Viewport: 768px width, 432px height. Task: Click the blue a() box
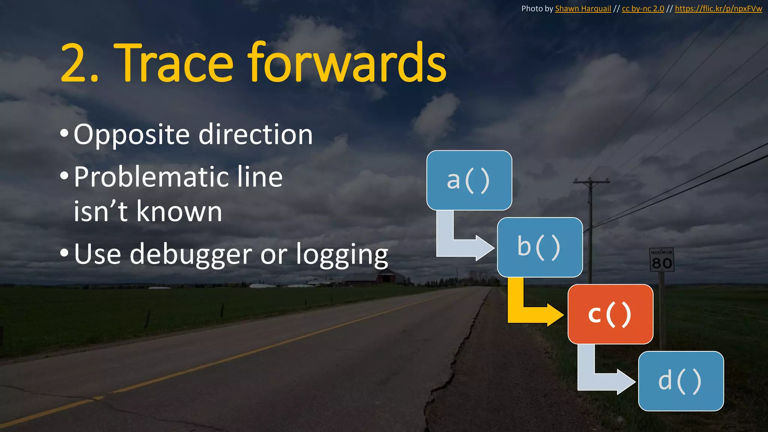(x=469, y=180)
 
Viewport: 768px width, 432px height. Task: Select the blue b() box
(x=540, y=247)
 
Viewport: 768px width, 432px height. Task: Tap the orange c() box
(x=610, y=314)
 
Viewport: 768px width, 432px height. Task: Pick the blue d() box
(x=681, y=381)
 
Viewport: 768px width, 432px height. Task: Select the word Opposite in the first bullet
(x=132, y=135)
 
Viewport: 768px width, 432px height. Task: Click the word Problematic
(x=150, y=177)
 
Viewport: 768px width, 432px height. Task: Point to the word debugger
(x=191, y=255)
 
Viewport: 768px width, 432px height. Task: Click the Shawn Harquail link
(x=583, y=9)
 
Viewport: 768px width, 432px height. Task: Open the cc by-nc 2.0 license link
(x=643, y=9)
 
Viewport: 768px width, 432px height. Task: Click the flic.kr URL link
(x=718, y=9)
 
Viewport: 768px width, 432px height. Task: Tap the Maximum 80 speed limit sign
(x=661, y=259)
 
